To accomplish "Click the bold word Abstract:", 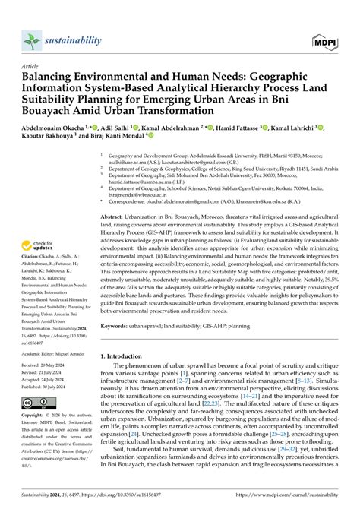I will pos(116,217).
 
